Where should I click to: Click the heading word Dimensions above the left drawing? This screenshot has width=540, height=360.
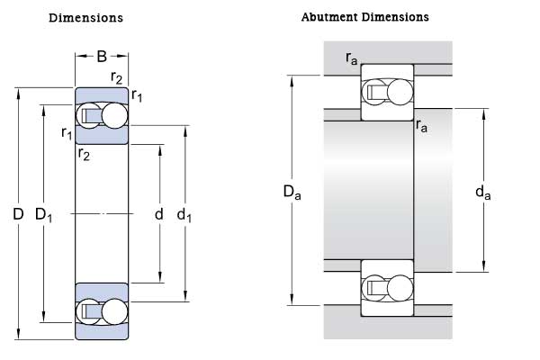click(85, 18)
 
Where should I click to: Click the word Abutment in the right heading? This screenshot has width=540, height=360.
click(325, 17)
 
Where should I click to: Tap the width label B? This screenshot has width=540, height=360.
click(102, 57)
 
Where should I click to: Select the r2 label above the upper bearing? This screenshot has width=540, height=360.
click(117, 76)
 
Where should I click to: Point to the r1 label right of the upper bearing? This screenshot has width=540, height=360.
click(137, 94)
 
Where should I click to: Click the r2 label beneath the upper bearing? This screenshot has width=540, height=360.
click(84, 154)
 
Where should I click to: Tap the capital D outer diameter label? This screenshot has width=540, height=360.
click(17, 214)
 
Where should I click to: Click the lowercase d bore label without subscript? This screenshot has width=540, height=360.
click(158, 214)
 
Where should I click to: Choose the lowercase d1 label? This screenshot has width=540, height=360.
click(184, 214)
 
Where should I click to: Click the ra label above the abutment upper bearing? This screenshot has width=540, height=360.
click(351, 58)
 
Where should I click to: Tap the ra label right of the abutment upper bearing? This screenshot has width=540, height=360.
click(421, 127)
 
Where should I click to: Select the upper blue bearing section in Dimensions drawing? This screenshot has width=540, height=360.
click(102, 115)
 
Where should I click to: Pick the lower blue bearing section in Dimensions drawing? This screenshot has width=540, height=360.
click(102, 311)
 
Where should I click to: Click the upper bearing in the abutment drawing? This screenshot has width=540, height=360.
click(387, 92)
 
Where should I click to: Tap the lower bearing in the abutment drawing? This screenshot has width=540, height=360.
click(387, 287)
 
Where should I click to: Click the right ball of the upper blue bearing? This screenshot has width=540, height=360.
click(114, 115)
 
